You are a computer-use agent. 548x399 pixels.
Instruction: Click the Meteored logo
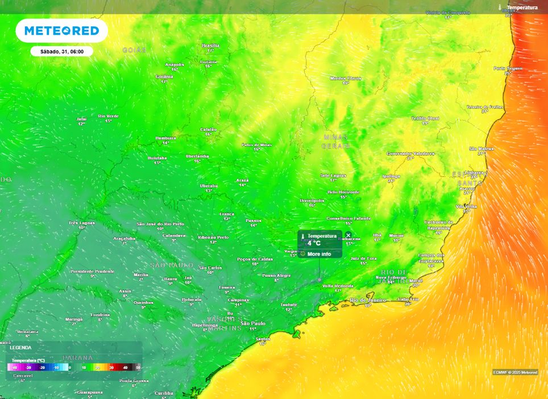pyautogui.click(x=61, y=31)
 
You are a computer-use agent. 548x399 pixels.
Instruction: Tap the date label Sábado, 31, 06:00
pyautogui.click(x=62, y=51)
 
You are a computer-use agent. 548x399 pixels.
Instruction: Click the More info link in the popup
pyautogui.click(x=319, y=254)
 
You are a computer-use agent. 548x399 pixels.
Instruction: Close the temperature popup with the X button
pyautogui.click(x=348, y=235)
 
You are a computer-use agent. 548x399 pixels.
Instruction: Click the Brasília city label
pyautogui.click(x=210, y=46)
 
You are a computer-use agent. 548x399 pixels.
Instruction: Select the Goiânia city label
pyautogui.click(x=164, y=76)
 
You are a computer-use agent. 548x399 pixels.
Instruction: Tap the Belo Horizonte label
pyautogui.click(x=343, y=192)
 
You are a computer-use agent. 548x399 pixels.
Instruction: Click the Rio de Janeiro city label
pyautogui.click(x=368, y=300)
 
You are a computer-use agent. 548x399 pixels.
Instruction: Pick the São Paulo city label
pyautogui.click(x=253, y=323)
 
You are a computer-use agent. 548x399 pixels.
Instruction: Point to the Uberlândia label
pyautogui.click(x=197, y=156)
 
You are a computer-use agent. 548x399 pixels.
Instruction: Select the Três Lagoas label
pyautogui.click(x=81, y=223)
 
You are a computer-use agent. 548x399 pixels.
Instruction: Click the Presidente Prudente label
pyautogui.click(x=93, y=272)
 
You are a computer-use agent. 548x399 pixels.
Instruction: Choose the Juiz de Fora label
pyautogui.click(x=363, y=258)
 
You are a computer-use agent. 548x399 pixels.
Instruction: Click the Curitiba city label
pyautogui.click(x=164, y=393)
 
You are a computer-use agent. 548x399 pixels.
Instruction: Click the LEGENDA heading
pyautogui.click(x=20, y=347)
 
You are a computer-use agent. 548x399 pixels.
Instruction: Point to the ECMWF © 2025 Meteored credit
pyautogui.click(x=515, y=372)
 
